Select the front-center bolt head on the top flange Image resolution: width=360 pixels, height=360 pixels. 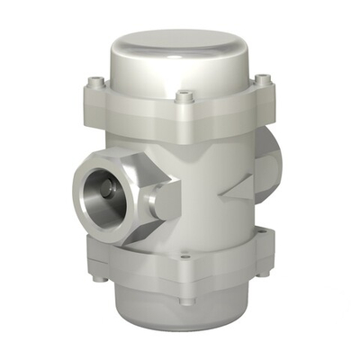184,94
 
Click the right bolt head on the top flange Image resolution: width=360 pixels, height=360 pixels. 262,81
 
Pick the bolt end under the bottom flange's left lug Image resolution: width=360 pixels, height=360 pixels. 99,276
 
